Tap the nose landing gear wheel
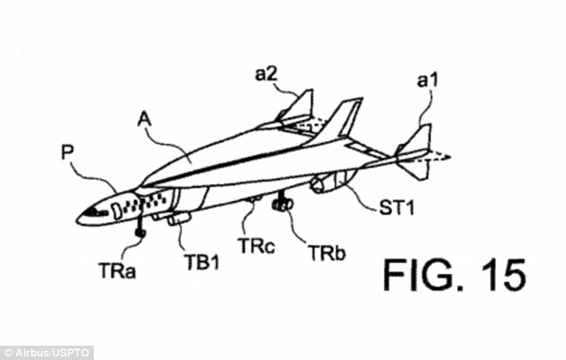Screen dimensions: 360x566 [141, 234]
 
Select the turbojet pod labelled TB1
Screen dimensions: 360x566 [173, 217]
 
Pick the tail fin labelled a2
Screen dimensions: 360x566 [298, 107]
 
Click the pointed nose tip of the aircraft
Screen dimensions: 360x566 [78, 219]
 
